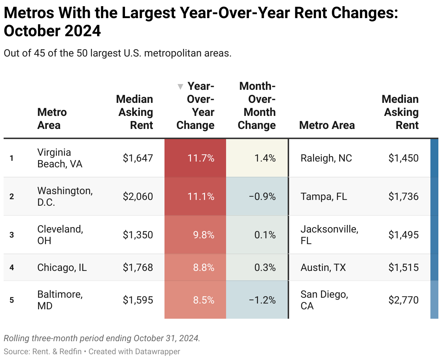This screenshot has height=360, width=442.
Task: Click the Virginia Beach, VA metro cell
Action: tap(60, 158)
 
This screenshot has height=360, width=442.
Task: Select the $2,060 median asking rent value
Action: tap(138, 197)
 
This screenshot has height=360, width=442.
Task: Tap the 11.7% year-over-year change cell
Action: tap(201, 158)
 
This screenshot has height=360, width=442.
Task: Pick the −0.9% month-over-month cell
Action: tap(262, 197)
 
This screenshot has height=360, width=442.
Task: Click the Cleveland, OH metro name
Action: tap(60, 235)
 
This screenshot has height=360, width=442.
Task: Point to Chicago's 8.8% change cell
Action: tap(203, 268)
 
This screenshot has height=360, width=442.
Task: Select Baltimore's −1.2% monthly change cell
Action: tap(262, 300)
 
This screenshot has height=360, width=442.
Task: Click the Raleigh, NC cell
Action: tap(326, 158)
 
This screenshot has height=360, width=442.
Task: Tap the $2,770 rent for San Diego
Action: tap(403, 300)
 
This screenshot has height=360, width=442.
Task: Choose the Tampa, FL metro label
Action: tap(324, 197)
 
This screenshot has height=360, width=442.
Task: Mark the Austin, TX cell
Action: tap(323, 268)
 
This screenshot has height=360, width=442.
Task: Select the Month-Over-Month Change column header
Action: tap(257, 106)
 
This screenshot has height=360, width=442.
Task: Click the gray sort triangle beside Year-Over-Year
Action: tap(180, 87)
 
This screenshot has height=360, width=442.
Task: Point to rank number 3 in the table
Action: tap(12, 235)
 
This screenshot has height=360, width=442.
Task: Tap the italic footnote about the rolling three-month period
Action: tap(102, 338)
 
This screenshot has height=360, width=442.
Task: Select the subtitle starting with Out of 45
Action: tap(117, 53)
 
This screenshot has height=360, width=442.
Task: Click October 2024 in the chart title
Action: tap(52, 31)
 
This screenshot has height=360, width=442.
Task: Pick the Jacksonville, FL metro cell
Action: tap(329, 235)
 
